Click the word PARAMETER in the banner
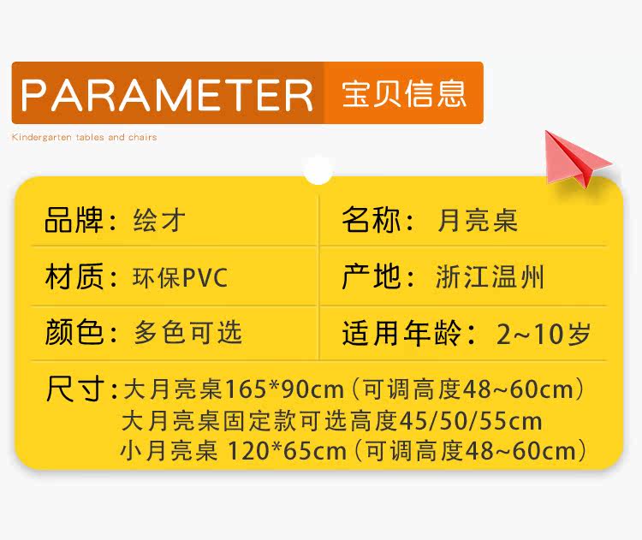167,95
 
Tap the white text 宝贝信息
404,94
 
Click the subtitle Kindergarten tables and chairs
85,137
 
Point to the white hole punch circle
318,169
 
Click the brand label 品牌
74,220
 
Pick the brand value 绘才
159,220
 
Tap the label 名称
371,220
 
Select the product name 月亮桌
477,220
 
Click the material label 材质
74,276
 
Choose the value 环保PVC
180,277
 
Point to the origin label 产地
371,276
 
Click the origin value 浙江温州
490,277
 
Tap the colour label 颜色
74,332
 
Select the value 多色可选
187,332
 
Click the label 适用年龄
401,333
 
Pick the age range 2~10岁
544,333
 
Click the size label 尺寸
75,389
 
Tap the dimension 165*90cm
284,389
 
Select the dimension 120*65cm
287,451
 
